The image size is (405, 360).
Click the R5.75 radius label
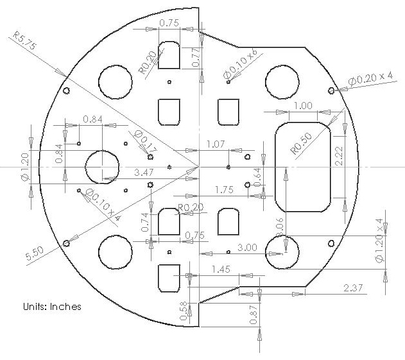25,40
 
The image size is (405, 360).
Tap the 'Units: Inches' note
52,307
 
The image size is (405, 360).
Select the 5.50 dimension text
35,253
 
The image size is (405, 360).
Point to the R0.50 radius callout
301,143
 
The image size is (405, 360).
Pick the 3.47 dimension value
144,172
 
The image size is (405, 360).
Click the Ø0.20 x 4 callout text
370,78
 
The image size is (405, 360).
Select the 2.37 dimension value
353,287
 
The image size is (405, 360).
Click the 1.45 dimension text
221,270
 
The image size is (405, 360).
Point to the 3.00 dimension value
247,248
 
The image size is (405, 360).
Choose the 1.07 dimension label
216,144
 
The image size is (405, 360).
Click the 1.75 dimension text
224,190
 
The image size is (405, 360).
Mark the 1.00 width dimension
303,105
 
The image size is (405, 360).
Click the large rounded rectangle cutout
303,167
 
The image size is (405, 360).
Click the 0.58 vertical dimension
183,311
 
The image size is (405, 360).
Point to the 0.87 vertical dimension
254,314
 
